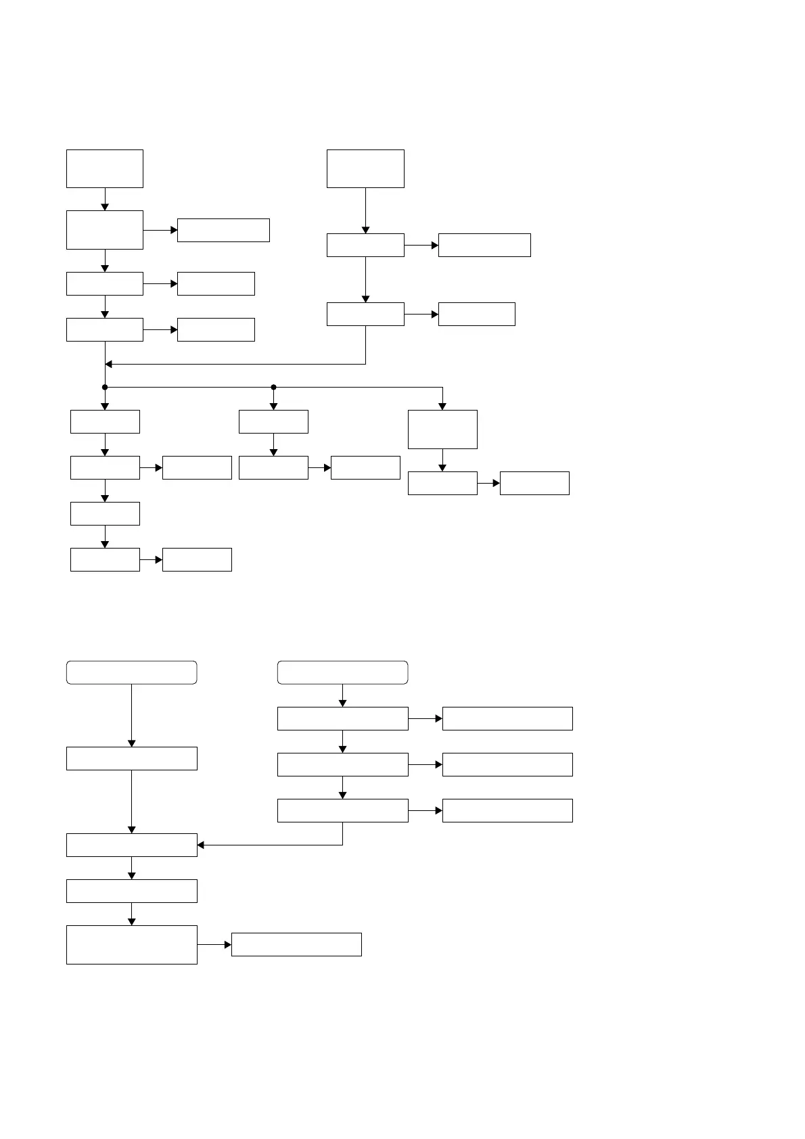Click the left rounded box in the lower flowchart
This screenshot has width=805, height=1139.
[x=131, y=672]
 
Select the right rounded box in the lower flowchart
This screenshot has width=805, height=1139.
[x=342, y=672]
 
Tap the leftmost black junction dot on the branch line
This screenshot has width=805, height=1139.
[x=105, y=388]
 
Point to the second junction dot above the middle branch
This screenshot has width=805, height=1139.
[x=273, y=388]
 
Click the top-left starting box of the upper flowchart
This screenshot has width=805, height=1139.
[x=105, y=168]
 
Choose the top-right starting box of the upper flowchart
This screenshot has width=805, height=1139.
[x=365, y=168]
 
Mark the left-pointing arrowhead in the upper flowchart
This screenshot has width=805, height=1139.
[x=109, y=365]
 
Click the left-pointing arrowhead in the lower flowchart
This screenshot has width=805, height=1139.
[x=201, y=845]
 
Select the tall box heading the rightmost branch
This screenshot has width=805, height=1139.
[x=442, y=429]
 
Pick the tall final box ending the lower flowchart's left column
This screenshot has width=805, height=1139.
[x=131, y=944]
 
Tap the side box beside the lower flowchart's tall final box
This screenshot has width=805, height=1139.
[x=296, y=944]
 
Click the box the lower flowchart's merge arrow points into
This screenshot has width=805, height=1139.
[x=131, y=845]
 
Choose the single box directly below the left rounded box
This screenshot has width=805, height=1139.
[x=131, y=758]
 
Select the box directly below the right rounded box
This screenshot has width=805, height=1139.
[x=342, y=718]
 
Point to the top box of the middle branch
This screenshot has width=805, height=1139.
[x=273, y=421]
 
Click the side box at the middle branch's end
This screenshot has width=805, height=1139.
[x=365, y=467]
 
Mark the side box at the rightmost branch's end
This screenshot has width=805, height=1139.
[x=534, y=483]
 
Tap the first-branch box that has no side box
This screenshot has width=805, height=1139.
[x=105, y=513]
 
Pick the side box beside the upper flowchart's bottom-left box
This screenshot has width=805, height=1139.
[x=197, y=559]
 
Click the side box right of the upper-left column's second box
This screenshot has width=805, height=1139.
[x=223, y=230]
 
